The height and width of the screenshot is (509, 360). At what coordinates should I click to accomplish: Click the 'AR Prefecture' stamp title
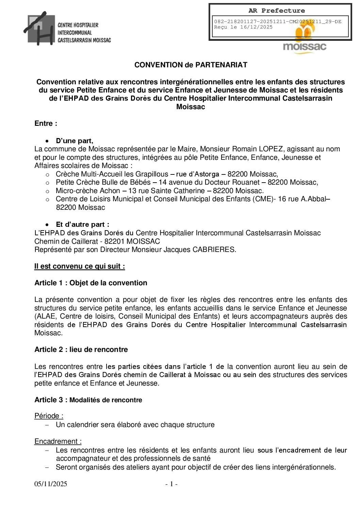tap(276, 11)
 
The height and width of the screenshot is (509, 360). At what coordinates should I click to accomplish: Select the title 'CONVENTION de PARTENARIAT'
tap(191, 65)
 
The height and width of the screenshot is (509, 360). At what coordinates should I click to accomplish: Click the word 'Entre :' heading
tap(46, 123)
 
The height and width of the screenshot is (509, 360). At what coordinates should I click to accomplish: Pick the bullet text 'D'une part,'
tap(75, 141)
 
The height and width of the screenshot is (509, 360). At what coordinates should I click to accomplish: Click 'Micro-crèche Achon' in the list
tap(88, 191)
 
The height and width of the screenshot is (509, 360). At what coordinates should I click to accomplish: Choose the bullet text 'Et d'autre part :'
tap(82, 224)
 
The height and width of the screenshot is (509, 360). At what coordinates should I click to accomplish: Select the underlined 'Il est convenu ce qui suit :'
tap(80, 266)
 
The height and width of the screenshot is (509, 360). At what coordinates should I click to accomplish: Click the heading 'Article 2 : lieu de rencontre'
tap(81, 350)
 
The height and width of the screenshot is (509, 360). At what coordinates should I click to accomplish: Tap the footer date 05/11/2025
tap(51, 484)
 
